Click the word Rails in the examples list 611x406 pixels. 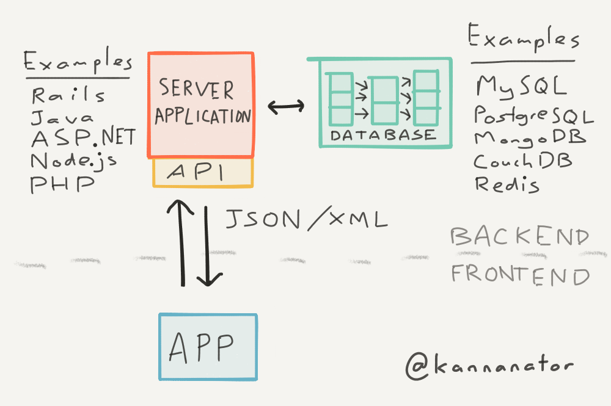(68, 96)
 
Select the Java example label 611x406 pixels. (63, 117)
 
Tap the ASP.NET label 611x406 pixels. (82, 138)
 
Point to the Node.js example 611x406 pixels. (74, 161)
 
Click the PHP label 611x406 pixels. (62, 183)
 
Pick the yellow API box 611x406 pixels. (202, 173)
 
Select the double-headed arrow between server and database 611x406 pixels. (285, 107)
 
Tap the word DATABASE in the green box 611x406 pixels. (383, 136)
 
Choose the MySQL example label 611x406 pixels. (521, 87)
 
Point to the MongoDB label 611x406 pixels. (530, 138)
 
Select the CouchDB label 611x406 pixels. (523, 161)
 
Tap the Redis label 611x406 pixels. (507, 183)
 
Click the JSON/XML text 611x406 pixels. (306, 219)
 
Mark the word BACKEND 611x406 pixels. (520, 237)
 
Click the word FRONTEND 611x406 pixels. (521, 275)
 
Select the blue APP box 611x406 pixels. (208, 347)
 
